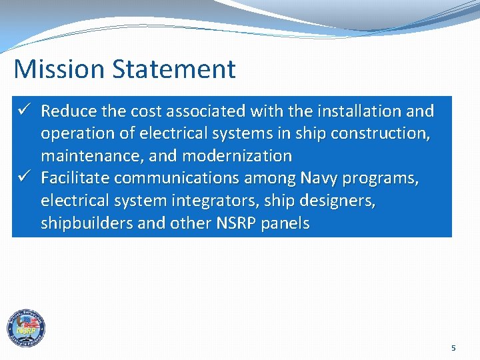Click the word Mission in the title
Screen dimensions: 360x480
click(55, 69)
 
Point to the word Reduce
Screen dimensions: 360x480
click(72, 111)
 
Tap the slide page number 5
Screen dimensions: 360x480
click(454, 348)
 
